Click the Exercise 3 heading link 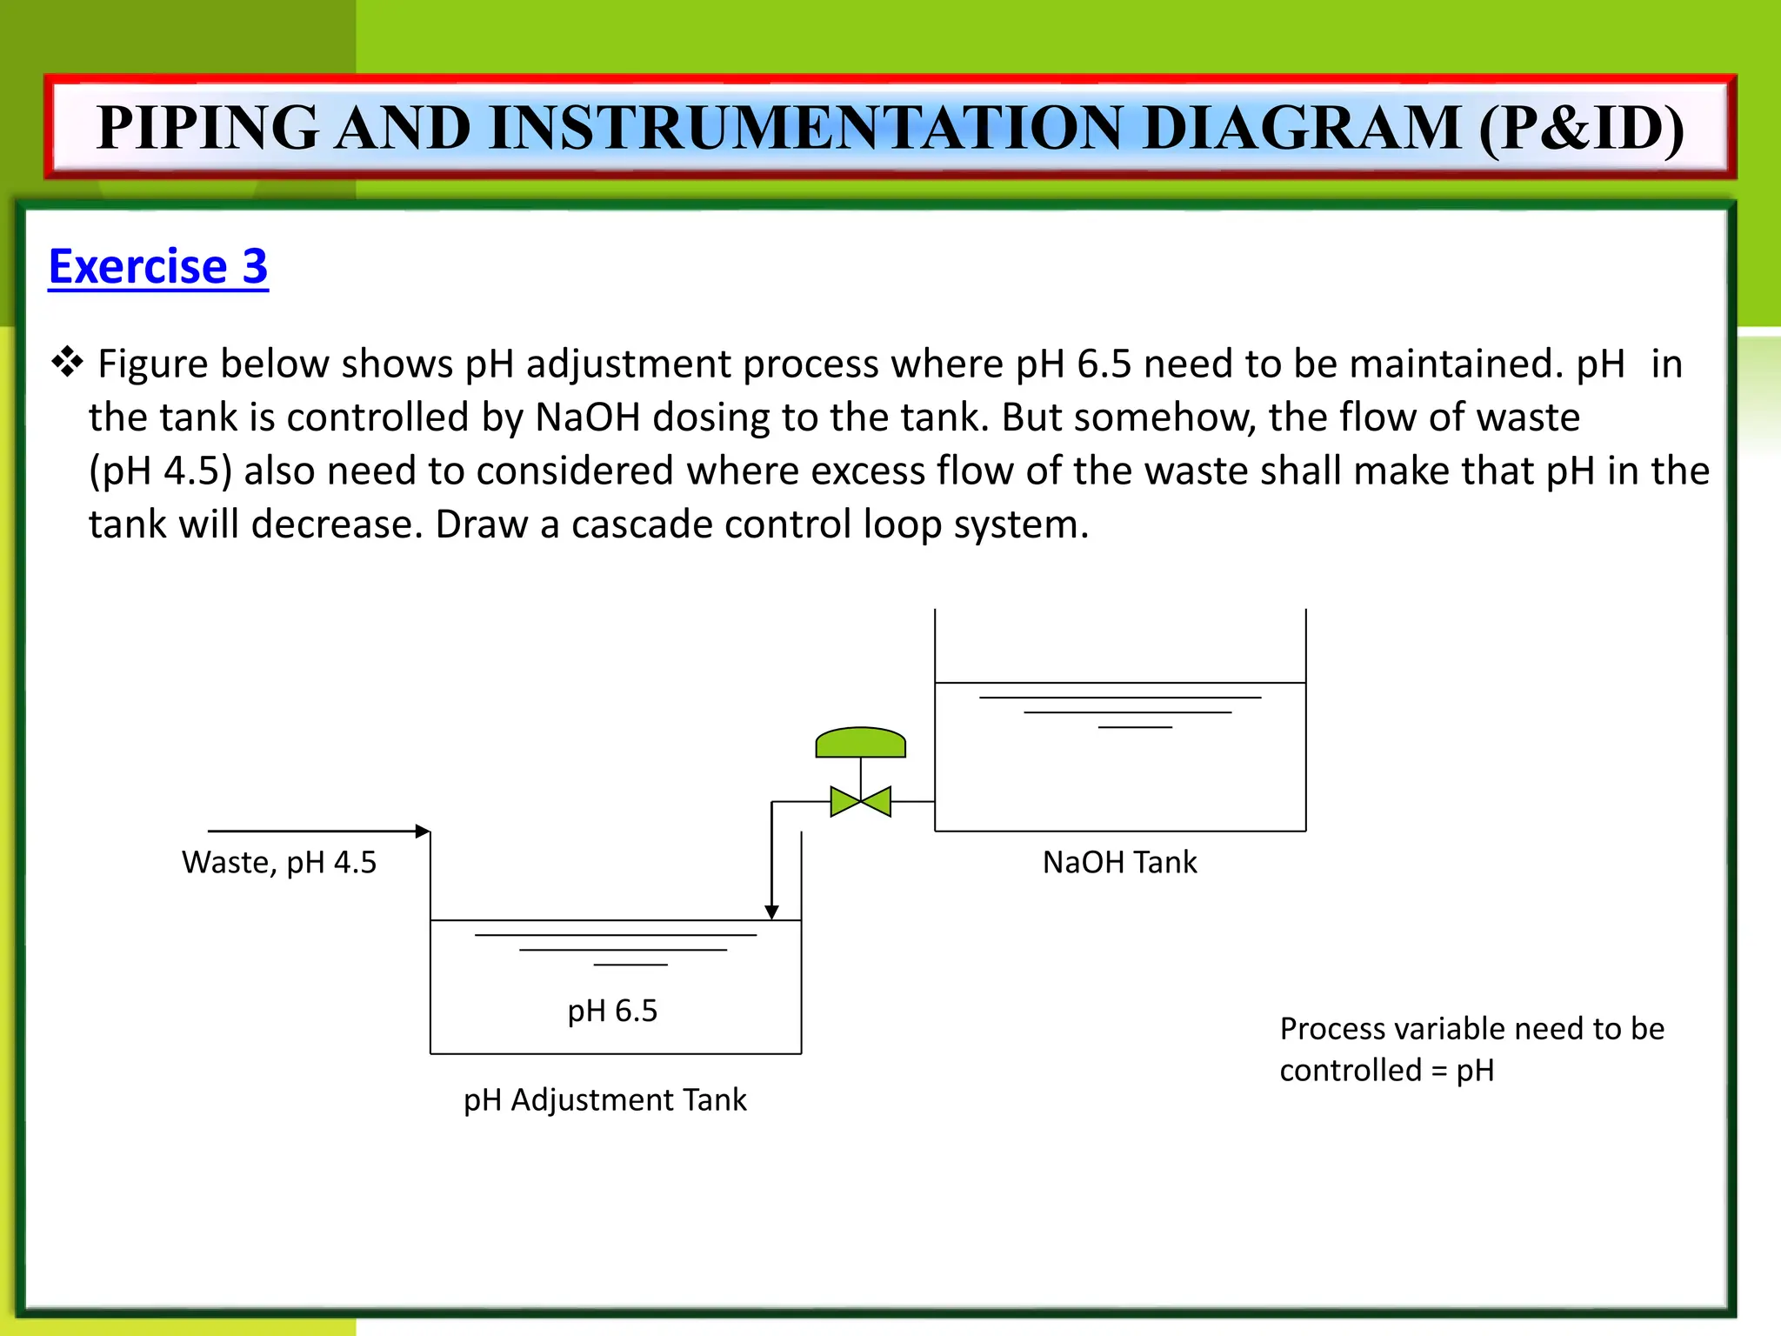coord(158,266)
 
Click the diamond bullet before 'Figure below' coord(67,362)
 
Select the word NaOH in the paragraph coord(587,417)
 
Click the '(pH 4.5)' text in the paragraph coord(161,471)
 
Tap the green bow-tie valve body coord(860,801)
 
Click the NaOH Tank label coord(1119,862)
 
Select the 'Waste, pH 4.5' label coord(279,862)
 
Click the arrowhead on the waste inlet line coord(423,832)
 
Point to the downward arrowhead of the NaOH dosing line coord(771,912)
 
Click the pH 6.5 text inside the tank coord(612,1011)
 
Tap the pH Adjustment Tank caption coord(604,1100)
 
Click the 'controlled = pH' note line coord(1386,1070)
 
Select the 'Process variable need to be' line coord(1471,1029)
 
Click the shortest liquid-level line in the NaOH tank coord(1135,727)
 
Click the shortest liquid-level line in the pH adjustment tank coord(630,965)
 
